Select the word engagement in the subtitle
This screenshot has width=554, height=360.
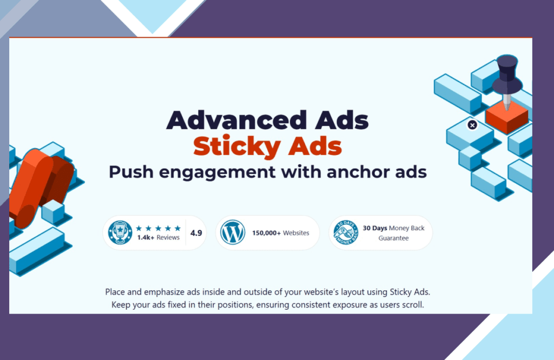(217, 173)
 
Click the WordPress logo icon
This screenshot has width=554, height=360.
(233, 232)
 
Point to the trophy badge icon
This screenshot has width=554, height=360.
(120, 232)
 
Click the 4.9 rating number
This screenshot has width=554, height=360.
(196, 233)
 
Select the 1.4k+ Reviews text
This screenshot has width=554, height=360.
(159, 237)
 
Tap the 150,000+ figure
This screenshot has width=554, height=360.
(266, 233)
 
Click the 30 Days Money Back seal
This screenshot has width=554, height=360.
(346, 232)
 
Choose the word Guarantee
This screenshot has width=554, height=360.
(394, 238)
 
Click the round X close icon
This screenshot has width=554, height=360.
(472, 125)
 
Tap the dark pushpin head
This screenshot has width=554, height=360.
(507, 74)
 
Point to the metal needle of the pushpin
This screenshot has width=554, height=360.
(507, 102)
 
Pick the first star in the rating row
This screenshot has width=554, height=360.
(139, 228)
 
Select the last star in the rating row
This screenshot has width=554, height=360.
(177, 228)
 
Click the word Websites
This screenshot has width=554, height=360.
(296, 233)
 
